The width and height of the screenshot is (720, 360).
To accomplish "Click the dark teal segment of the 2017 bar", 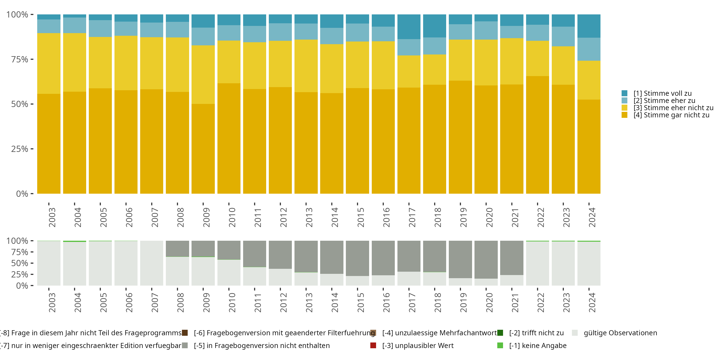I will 409,27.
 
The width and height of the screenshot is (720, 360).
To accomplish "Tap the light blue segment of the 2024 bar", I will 589,49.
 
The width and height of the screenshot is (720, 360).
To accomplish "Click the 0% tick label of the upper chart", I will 22,194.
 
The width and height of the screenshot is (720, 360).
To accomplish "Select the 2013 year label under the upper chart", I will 309,217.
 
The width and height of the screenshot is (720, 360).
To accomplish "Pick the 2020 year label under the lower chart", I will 489,303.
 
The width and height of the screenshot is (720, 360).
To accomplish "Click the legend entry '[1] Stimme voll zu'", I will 662,93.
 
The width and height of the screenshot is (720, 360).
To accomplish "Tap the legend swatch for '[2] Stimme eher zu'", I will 624,101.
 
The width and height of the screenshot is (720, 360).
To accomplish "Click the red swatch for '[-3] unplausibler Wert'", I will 373,345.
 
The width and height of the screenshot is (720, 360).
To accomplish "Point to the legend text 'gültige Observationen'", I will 620,333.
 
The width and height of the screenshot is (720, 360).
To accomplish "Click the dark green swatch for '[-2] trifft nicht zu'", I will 500,333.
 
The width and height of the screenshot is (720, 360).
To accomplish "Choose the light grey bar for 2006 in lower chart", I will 126,263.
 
